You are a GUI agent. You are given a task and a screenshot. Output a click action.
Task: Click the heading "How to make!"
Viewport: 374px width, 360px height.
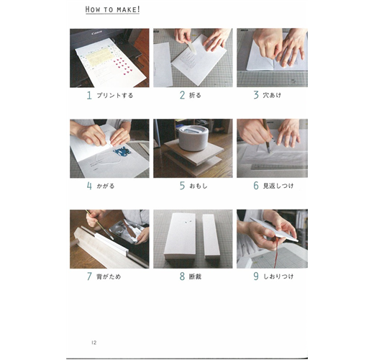(112, 9)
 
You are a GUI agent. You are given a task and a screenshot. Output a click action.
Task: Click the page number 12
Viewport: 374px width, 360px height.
(93, 343)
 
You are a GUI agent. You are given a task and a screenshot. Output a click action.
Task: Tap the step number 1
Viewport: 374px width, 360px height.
(89, 96)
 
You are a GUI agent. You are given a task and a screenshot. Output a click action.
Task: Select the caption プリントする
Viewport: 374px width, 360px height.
(115, 96)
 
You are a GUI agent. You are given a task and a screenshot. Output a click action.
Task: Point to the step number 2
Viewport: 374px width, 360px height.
(183, 95)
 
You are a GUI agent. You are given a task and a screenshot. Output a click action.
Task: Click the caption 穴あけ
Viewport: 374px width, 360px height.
(272, 95)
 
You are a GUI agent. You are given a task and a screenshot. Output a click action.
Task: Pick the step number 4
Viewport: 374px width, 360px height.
(89, 186)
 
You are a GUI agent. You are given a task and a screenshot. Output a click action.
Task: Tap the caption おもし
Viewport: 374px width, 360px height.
(199, 186)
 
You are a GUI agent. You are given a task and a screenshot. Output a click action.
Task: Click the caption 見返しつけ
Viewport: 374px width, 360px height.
(278, 186)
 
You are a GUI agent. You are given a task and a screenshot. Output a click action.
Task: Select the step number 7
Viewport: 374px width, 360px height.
(89, 276)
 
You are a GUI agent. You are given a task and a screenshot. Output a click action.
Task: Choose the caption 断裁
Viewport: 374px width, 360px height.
(195, 276)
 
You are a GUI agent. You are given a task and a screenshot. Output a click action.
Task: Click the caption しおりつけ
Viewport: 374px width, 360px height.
(278, 276)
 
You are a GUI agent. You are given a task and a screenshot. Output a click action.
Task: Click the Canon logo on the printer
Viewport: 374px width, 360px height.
(96, 32)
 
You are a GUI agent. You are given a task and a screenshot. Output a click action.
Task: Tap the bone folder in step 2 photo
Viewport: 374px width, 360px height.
(191, 48)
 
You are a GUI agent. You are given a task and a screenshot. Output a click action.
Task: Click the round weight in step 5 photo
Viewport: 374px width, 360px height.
(193, 138)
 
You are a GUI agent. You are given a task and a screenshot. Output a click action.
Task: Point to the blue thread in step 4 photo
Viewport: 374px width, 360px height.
(122, 151)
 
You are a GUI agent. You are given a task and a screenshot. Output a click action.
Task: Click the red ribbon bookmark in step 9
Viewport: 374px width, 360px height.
(276, 252)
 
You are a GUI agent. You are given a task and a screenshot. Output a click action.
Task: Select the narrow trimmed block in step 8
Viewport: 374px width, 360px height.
(211, 236)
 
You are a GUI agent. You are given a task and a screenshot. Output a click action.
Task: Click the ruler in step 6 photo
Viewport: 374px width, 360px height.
(279, 166)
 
